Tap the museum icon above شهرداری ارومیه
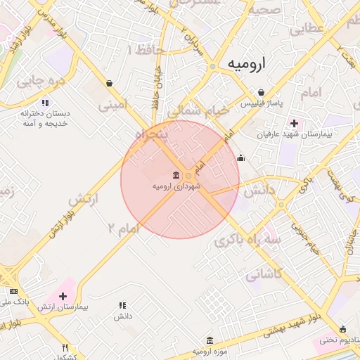tap(175, 175)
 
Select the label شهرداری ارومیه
tap(176, 186)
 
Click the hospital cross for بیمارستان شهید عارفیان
tap(294, 124)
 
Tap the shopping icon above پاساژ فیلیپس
tap(262, 92)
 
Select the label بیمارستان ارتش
tap(63, 309)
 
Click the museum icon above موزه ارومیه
tap(209, 340)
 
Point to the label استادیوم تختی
tap(337, 340)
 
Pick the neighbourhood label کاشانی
tap(264, 274)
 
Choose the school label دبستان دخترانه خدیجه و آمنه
tap(45, 117)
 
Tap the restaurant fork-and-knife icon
tap(65, 347)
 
